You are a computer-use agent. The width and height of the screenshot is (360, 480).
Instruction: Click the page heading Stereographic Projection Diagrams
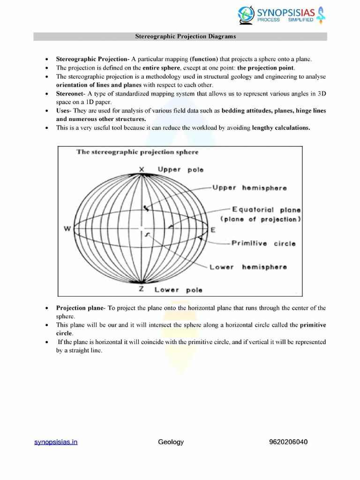coord(180,37)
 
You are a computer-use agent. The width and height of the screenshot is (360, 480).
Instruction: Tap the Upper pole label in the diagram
coord(180,170)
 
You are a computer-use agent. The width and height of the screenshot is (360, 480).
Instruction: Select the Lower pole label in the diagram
coord(178,290)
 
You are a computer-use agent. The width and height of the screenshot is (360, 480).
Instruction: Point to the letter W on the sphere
coord(67,229)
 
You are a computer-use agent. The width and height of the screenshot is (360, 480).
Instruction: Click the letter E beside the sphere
coord(213,230)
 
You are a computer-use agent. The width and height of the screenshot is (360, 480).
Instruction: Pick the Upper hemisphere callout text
coord(249,188)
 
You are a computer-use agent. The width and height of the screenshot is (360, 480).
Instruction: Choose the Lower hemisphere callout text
coord(248,267)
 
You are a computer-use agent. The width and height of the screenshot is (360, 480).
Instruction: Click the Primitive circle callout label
coord(263,243)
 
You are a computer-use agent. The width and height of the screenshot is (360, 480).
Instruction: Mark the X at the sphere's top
coord(142,169)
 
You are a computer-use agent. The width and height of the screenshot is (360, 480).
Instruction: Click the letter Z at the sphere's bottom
coord(141,289)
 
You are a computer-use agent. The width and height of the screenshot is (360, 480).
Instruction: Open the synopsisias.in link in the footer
coord(56,442)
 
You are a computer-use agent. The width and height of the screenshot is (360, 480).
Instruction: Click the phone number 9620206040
coord(288,442)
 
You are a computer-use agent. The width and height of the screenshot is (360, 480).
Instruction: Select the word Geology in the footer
coord(171,442)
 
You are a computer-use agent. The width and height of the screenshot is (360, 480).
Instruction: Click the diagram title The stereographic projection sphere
coord(137,152)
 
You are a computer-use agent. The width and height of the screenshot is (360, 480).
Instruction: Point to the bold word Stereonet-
coord(71,94)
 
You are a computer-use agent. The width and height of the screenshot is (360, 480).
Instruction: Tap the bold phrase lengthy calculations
coord(281,127)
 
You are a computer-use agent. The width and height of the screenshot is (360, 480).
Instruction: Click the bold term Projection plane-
coord(81,308)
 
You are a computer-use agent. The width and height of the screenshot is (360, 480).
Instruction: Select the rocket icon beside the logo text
coord(321,15)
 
